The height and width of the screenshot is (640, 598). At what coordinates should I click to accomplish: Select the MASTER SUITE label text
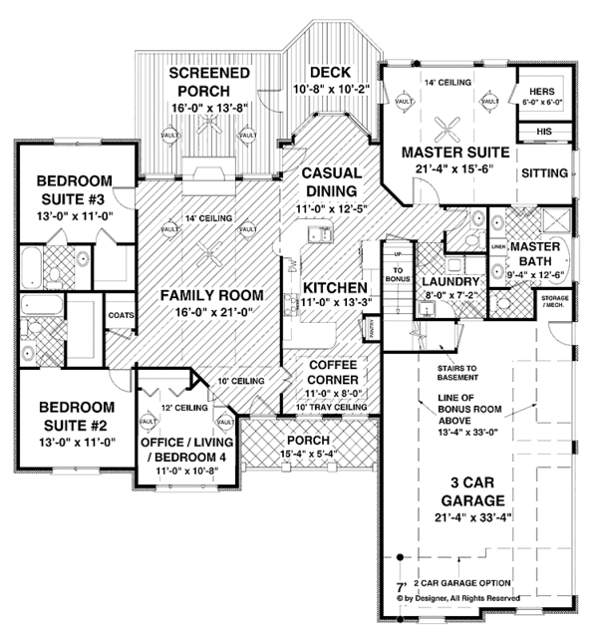click(x=455, y=153)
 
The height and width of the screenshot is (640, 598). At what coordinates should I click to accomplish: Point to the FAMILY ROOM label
click(x=215, y=295)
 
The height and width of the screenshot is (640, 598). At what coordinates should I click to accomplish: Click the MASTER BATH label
click(x=539, y=255)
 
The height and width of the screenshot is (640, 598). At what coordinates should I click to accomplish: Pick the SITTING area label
click(x=543, y=172)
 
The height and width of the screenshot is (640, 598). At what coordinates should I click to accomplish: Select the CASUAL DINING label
click(x=327, y=180)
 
